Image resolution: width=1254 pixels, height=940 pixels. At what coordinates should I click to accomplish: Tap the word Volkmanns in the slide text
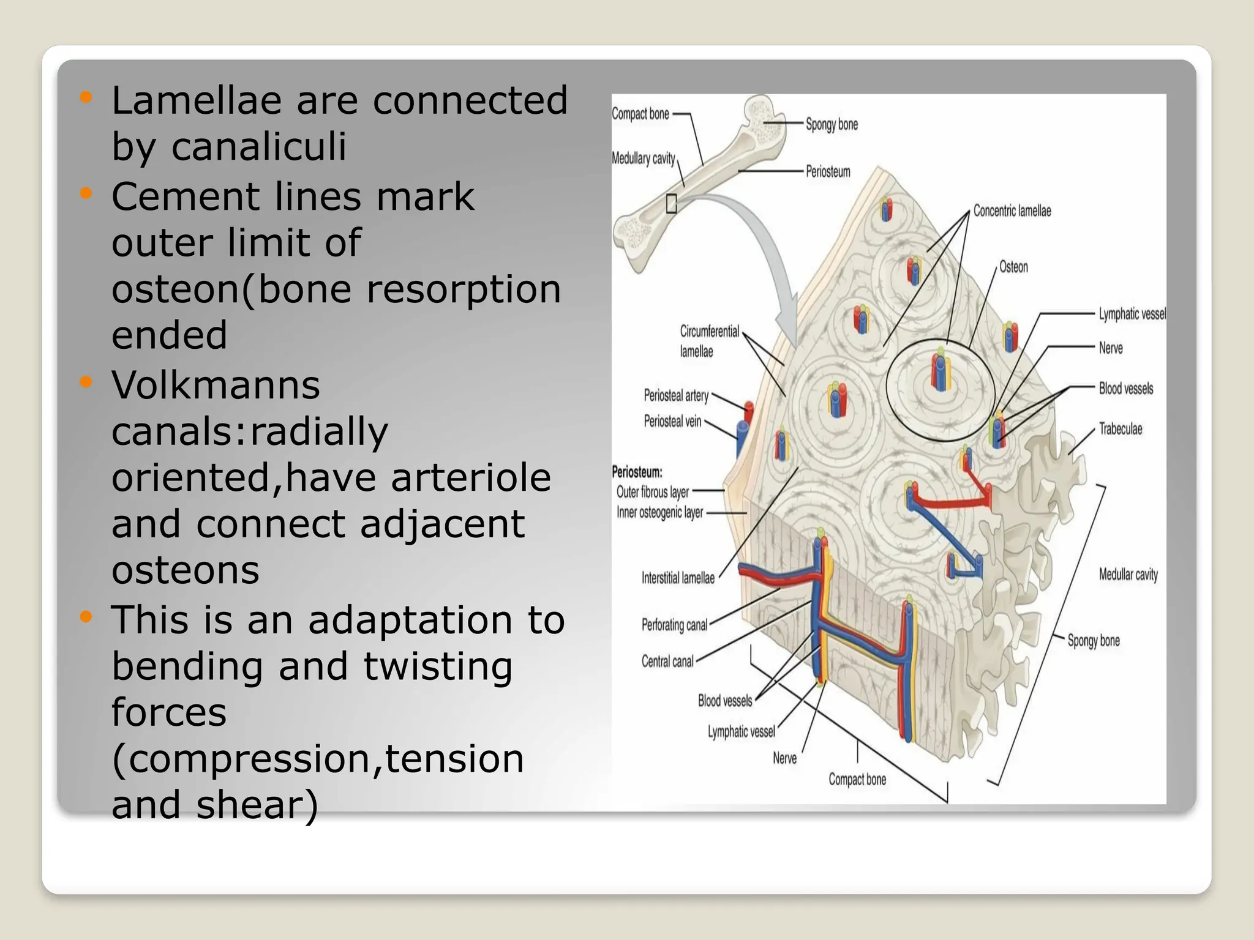(x=216, y=386)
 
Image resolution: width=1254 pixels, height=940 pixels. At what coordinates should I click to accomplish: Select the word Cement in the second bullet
(x=185, y=197)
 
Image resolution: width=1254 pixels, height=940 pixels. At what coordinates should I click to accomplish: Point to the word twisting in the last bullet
(x=438, y=666)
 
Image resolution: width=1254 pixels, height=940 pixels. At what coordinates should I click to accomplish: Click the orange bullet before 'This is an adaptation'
(x=86, y=616)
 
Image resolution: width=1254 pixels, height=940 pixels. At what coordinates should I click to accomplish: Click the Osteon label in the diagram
(x=1013, y=267)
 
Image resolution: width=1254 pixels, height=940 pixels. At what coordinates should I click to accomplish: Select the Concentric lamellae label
(x=1012, y=211)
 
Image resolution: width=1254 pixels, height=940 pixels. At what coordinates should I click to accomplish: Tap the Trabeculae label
(x=1121, y=429)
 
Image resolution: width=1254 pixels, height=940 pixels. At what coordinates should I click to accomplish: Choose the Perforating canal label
(x=674, y=625)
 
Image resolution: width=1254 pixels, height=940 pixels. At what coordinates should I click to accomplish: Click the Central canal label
(x=667, y=662)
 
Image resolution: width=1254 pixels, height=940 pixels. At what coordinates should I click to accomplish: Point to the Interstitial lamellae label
(x=678, y=578)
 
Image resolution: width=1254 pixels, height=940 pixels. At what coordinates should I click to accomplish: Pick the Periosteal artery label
(x=676, y=396)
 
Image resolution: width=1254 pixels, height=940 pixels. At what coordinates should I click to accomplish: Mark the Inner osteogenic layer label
(x=659, y=513)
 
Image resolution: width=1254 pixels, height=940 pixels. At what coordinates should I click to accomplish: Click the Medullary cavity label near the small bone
(x=643, y=159)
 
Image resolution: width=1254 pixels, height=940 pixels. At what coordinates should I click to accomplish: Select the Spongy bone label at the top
(x=832, y=124)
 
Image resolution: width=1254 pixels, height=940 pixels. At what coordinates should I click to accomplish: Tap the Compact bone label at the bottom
(x=857, y=780)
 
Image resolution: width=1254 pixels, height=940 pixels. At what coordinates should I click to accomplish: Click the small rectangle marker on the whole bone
(x=671, y=204)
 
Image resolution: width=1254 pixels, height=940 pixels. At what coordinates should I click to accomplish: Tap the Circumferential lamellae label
(x=709, y=341)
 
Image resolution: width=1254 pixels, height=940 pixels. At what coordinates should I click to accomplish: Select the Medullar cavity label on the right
(x=1128, y=575)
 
